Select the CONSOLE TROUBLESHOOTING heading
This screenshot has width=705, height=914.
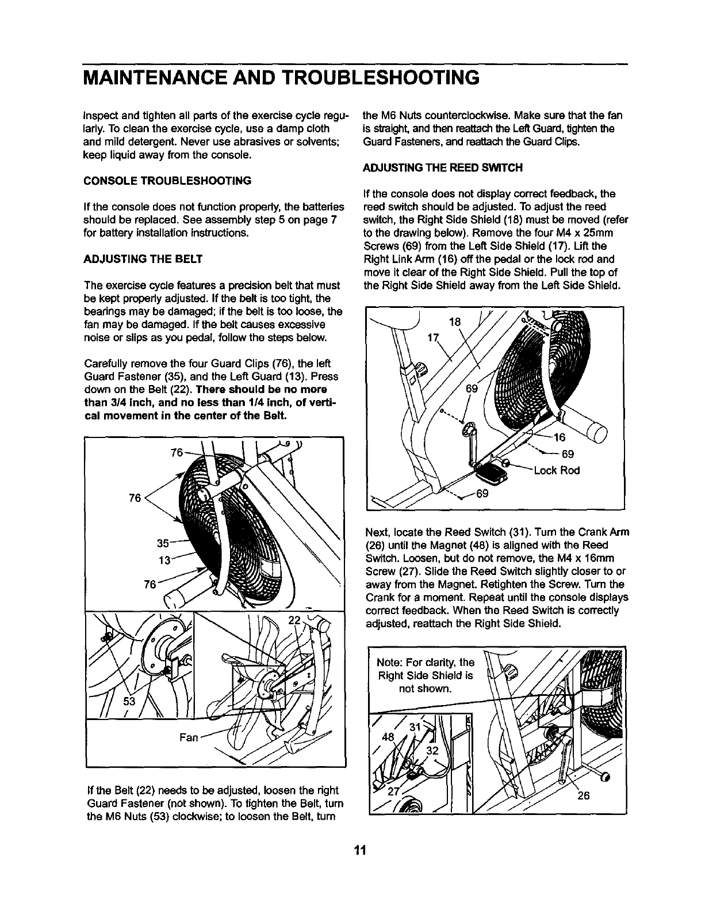pos(167,180)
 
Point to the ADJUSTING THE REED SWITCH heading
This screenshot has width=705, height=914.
pos(443,167)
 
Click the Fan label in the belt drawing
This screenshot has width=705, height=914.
pos(189,737)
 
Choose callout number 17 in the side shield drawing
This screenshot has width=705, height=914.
pos(434,338)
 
